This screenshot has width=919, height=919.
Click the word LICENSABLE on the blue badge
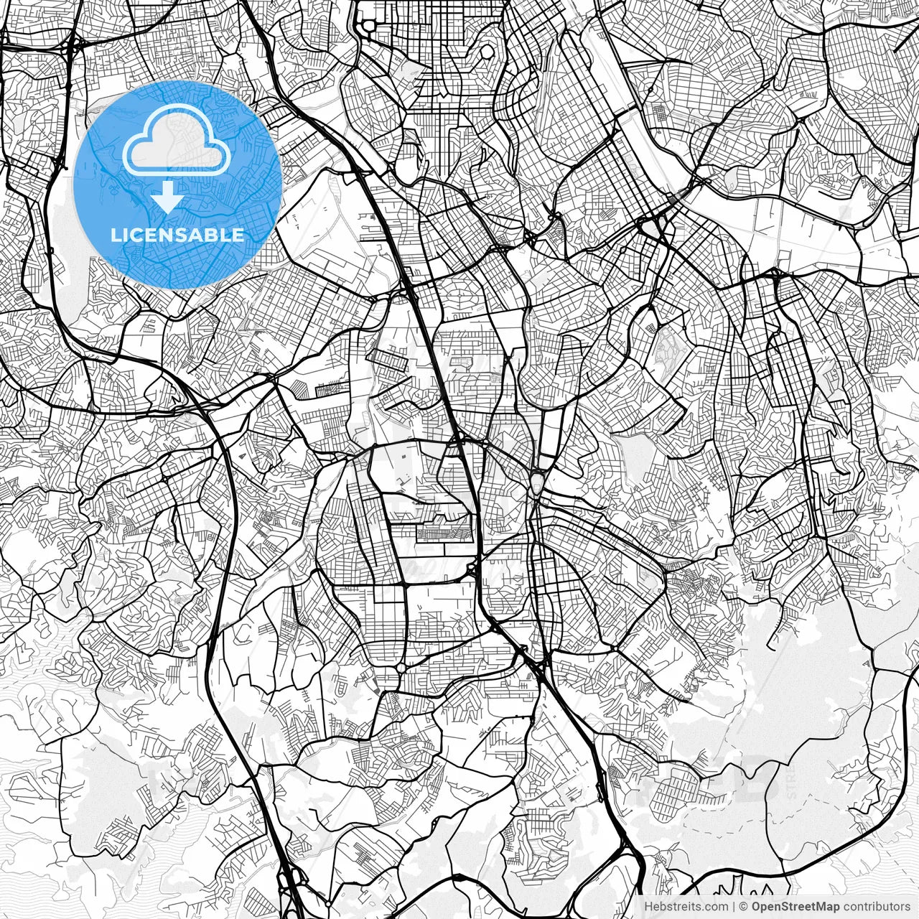point(177,235)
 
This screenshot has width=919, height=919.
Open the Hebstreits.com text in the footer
point(685,907)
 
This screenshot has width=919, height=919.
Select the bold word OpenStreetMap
point(796,907)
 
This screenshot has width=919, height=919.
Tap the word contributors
point(876,907)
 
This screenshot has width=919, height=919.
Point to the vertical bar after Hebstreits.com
point(733,907)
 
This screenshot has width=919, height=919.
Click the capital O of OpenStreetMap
point(757,907)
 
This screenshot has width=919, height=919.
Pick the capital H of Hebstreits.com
point(648,907)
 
